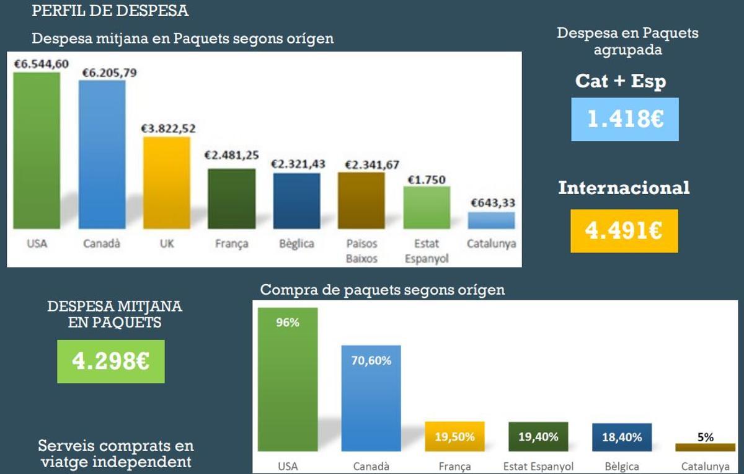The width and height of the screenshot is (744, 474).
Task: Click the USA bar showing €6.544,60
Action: coord(37,150)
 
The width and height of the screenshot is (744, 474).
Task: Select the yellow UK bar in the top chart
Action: coord(167,183)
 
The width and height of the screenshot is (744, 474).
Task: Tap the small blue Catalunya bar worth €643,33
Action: coord(491,221)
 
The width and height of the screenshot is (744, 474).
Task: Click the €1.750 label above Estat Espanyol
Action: coord(427,180)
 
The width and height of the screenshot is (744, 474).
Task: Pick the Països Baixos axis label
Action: coord(361,251)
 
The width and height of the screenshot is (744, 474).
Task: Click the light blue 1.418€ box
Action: coord(625,119)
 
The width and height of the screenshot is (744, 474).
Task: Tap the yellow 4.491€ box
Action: coord(624,231)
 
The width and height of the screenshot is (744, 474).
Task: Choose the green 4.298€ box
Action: coord(111,361)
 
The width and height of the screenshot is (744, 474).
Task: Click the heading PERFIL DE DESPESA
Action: coord(110,11)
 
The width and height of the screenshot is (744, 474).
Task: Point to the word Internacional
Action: coord(624,188)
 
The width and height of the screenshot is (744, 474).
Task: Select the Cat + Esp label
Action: coord(621,81)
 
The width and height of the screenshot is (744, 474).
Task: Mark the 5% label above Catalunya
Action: coord(705,437)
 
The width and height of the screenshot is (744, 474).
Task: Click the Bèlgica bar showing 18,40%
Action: coord(622,437)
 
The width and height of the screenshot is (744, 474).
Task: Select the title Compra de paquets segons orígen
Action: coord(383,290)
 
